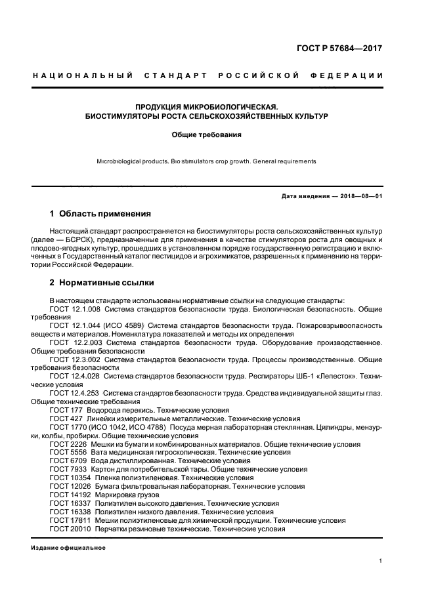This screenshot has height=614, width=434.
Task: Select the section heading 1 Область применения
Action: coord(100,214)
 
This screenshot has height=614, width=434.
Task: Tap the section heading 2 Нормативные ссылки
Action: coord(102,283)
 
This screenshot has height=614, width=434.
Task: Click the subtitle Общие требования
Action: coord(207,134)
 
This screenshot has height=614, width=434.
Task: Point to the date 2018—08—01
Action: coord(360,196)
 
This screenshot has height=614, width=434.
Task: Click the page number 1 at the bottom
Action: coord(381,561)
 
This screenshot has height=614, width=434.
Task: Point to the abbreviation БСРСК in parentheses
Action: coord(83,241)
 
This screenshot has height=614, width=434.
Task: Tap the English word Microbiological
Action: coord(124,161)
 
